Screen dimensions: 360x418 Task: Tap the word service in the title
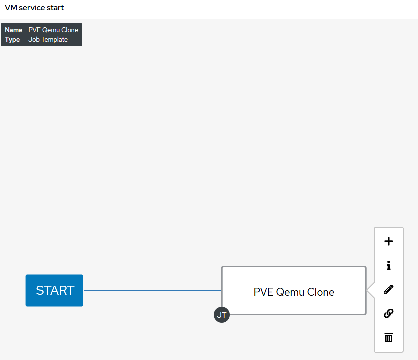(32, 8)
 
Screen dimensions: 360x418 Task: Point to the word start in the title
(55, 8)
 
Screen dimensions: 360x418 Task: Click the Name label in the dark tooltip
(13, 30)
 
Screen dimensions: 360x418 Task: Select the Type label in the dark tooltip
(12, 39)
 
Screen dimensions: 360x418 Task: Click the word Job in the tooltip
(33, 39)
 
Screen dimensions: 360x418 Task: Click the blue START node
(54, 290)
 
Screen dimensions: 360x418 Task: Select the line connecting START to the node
(152, 290)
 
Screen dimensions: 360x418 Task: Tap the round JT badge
(222, 315)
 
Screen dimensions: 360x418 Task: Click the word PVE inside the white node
(263, 292)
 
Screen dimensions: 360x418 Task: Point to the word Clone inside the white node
(319, 292)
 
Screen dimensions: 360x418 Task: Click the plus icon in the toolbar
(389, 242)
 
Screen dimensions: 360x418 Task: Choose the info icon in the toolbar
(389, 266)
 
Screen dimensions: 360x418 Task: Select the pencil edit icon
(389, 289)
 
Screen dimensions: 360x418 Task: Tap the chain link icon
(389, 313)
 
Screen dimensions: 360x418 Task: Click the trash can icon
(389, 337)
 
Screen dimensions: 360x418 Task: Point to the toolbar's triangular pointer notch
(370, 290)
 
